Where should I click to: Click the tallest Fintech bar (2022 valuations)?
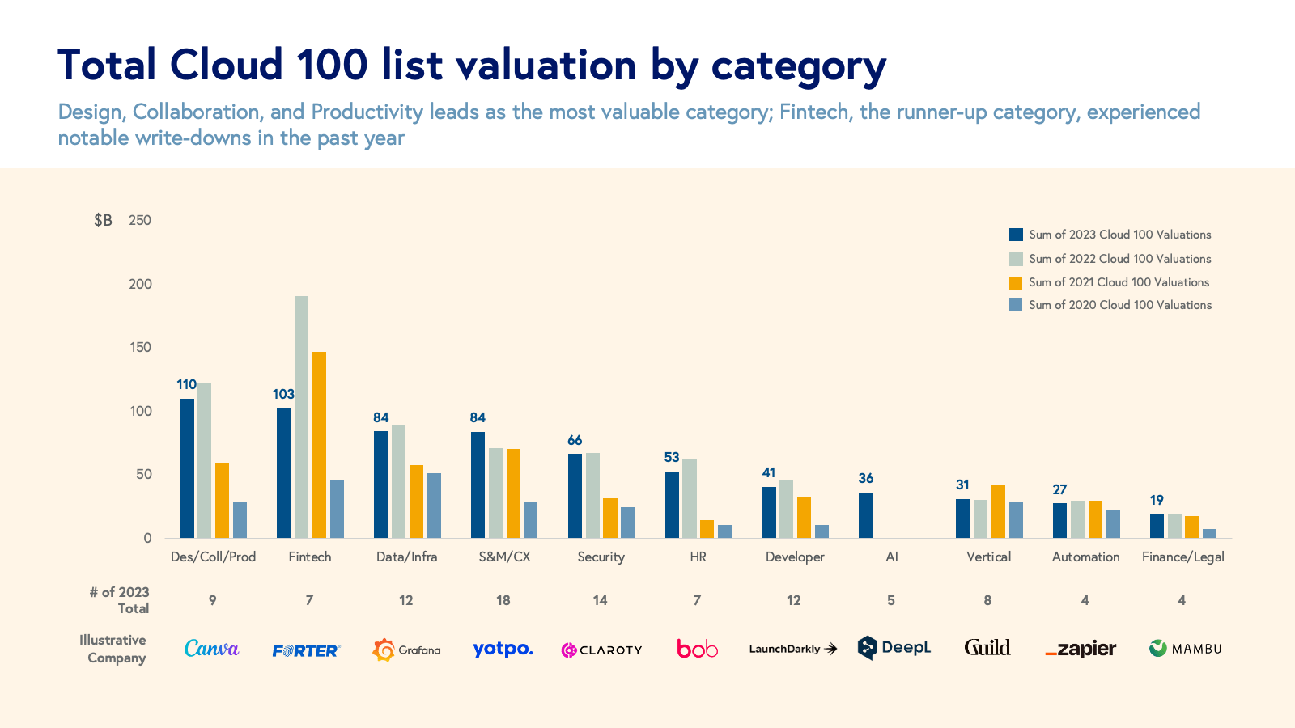(x=301, y=417)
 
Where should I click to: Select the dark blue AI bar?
(x=866, y=515)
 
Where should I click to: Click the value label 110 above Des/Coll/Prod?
(x=187, y=385)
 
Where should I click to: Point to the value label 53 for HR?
(x=672, y=458)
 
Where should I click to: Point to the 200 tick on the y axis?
(x=140, y=284)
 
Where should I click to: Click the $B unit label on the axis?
(x=103, y=220)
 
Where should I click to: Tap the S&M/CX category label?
(x=504, y=557)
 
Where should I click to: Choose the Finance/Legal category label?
(x=1182, y=557)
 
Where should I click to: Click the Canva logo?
(x=212, y=648)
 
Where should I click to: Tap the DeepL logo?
(x=894, y=648)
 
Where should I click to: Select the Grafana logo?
(x=406, y=650)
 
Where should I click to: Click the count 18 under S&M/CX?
(x=503, y=600)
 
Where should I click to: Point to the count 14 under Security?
(x=600, y=600)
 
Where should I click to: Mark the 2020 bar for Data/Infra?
(x=434, y=506)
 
